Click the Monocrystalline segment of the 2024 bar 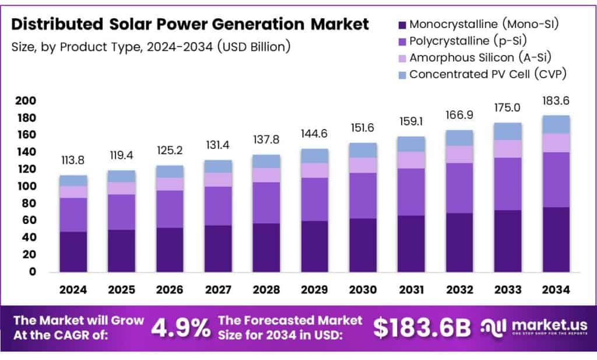[x=73, y=251]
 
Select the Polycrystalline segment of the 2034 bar [x=556, y=180]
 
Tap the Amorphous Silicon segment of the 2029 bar [x=314, y=170]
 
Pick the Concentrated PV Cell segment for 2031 [x=411, y=144]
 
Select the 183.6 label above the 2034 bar [x=556, y=101]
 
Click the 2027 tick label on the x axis [x=218, y=289]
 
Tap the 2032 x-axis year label [x=459, y=289]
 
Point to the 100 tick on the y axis [x=25, y=187]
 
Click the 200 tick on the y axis [x=25, y=101]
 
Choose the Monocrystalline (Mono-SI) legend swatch [x=402, y=25]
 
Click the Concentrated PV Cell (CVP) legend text [x=487, y=74]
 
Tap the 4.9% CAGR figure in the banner [x=181, y=328]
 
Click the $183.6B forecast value [x=422, y=328]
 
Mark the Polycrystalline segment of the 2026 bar [x=170, y=209]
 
